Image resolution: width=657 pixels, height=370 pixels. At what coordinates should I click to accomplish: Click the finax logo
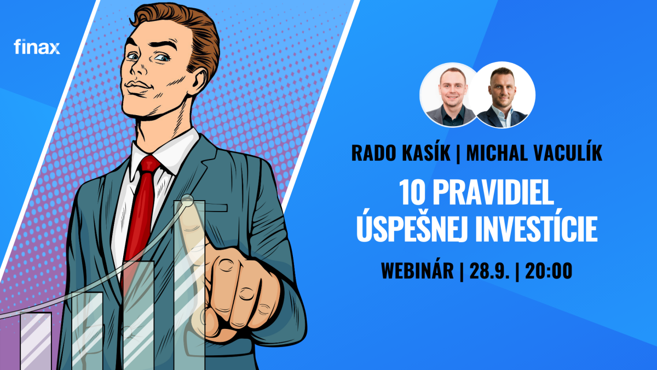point(37,47)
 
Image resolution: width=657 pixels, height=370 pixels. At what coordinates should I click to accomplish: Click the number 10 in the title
point(412,192)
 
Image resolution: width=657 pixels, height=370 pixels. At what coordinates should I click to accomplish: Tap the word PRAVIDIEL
point(493,192)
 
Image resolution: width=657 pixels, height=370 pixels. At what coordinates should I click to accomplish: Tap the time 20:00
point(549,270)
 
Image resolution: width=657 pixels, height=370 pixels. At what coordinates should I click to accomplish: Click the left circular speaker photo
point(449,95)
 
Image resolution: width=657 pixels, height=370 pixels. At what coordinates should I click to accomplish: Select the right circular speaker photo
point(503,95)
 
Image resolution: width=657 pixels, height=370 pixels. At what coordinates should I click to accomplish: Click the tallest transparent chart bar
point(189,285)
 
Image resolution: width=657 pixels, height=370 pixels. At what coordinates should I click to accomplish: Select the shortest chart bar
point(36,341)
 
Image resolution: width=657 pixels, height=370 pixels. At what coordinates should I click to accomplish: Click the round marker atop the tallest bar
point(187,200)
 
